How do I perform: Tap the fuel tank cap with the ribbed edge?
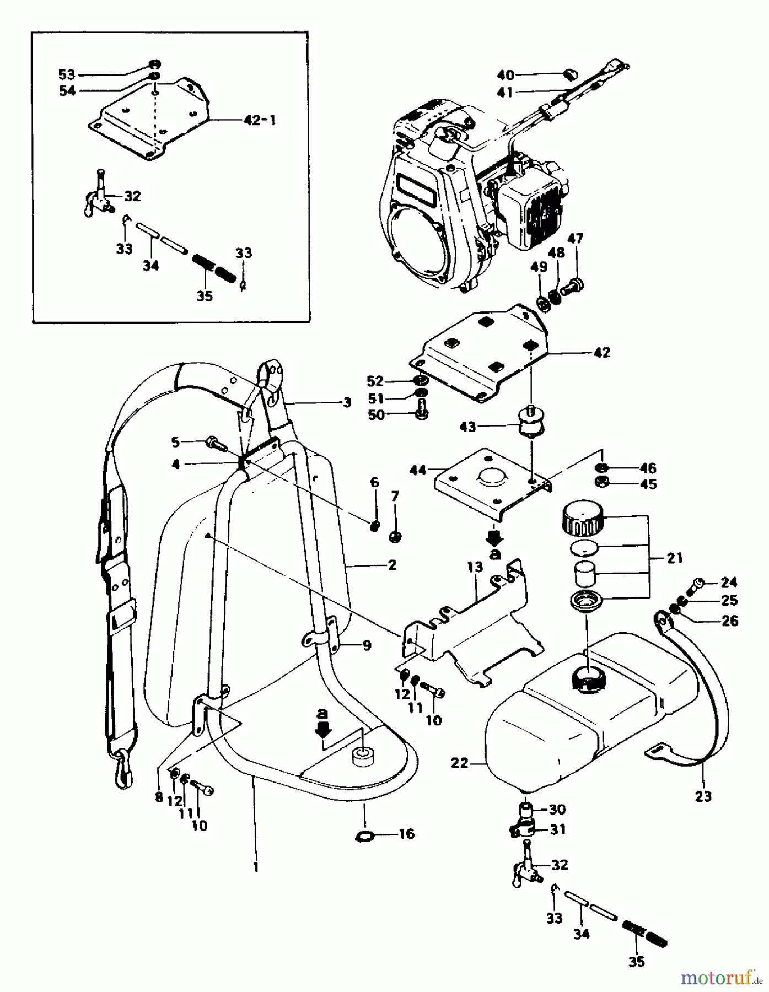click(583, 521)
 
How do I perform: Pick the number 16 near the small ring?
click(407, 834)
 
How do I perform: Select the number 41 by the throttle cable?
click(504, 92)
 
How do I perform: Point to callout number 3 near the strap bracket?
click(346, 402)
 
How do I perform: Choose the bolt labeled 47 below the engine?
click(573, 285)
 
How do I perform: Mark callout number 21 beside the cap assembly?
click(674, 558)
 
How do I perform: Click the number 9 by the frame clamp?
click(366, 645)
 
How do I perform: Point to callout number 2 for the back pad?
click(391, 565)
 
